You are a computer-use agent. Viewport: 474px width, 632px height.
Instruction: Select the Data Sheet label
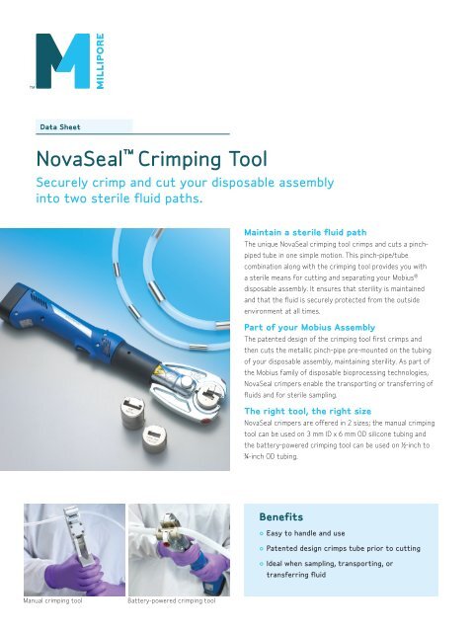click(x=60, y=126)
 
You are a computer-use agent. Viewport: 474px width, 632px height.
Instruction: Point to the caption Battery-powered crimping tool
click(x=172, y=600)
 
